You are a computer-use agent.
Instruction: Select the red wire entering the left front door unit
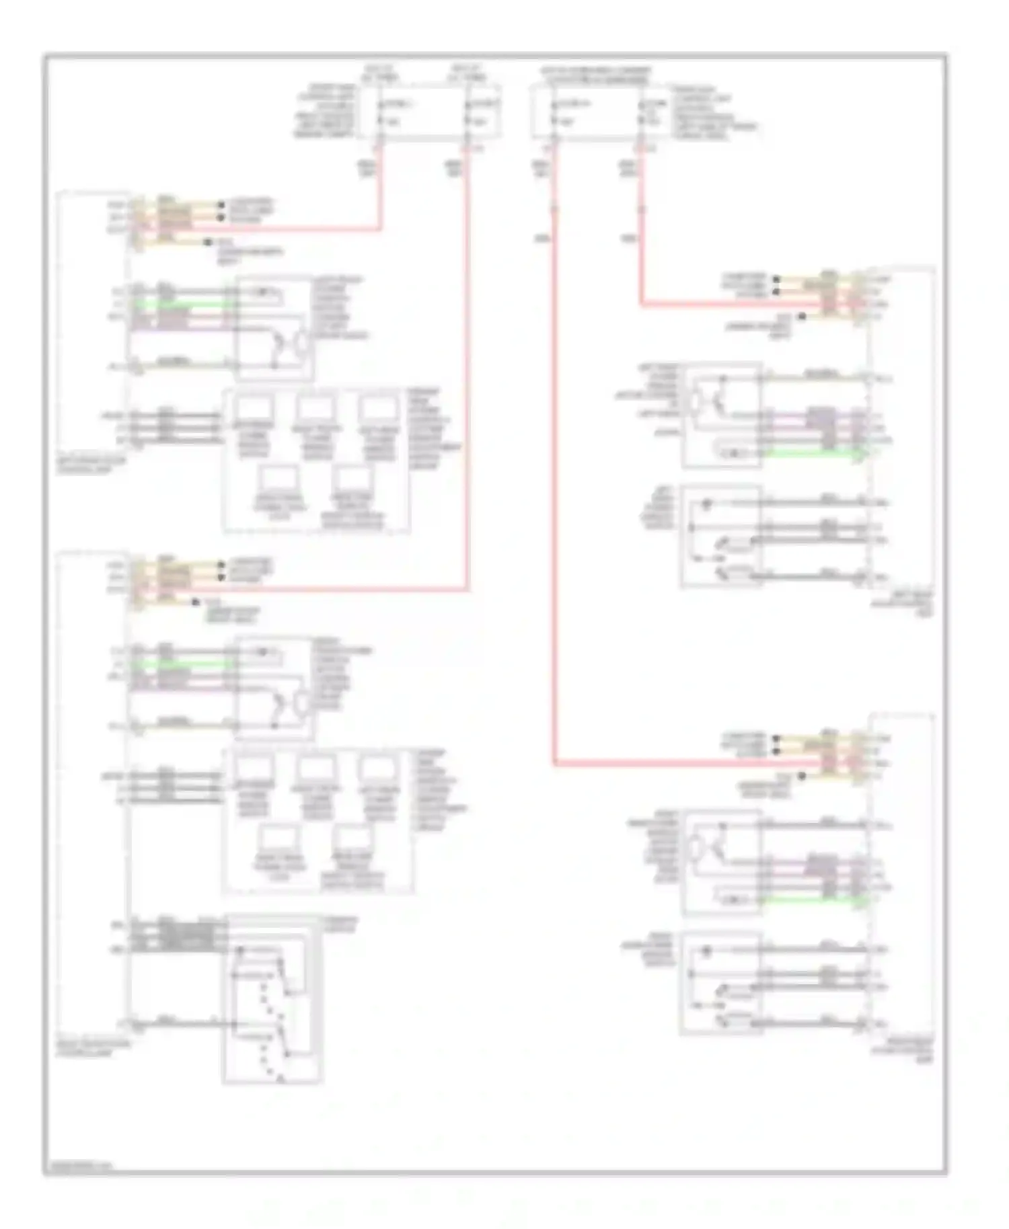pyautogui.click(x=269, y=229)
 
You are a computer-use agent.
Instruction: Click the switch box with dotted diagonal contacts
pyautogui.click(x=272, y=998)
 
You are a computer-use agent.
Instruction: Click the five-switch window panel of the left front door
pyautogui.click(x=316, y=461)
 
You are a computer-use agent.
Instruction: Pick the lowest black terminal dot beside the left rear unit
pyautogui.click(x=802, y=316)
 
